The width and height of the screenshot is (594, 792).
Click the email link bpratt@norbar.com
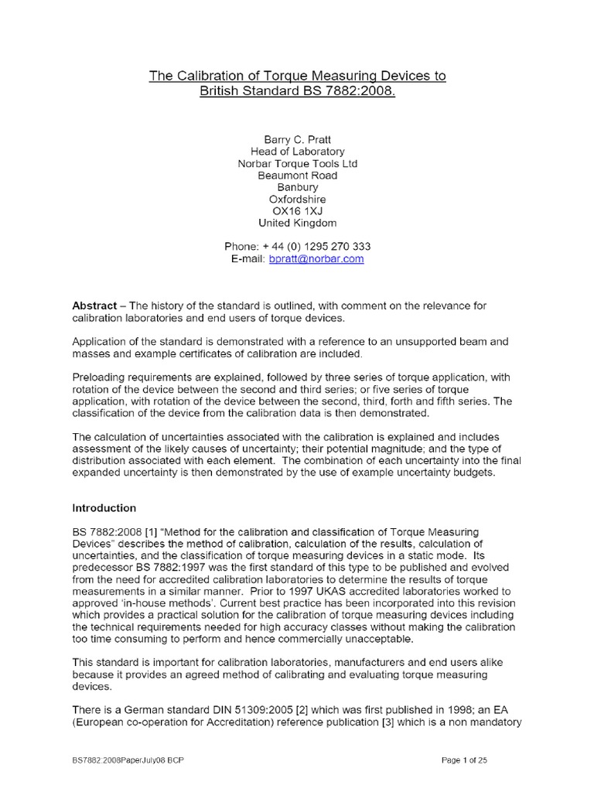tap(316, 259)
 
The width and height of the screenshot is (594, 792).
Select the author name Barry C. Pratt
tap(298, 140)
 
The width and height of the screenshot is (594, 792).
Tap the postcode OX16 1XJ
tap(298, 211)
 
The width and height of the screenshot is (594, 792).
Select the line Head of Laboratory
tap(298, 152)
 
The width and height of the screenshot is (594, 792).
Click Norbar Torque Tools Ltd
tap(298, 164)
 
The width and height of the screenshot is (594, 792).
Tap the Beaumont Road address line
tap(298, 176)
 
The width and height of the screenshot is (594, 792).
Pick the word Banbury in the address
tap(298, 187)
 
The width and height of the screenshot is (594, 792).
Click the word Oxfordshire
tap(298, 200)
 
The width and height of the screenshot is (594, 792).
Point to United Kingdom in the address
tap(298, 223)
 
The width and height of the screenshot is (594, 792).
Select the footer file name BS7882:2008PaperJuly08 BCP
tap(128, 760)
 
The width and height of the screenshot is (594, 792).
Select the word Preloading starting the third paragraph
tap(101, 377)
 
